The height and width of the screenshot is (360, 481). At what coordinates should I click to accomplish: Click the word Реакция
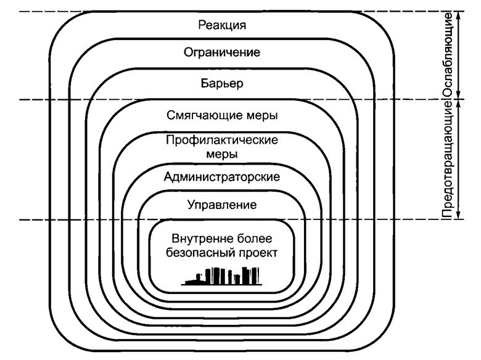coord(222,25)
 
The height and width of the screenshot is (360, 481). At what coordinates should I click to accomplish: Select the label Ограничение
coord(222,52)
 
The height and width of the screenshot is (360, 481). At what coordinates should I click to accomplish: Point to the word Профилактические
coord(222,140)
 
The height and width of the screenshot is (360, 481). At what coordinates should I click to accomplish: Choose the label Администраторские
coord(222,177)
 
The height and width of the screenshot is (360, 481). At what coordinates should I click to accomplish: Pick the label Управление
coord(222,203)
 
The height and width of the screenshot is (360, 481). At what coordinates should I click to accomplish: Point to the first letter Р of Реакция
coord(202,25)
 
